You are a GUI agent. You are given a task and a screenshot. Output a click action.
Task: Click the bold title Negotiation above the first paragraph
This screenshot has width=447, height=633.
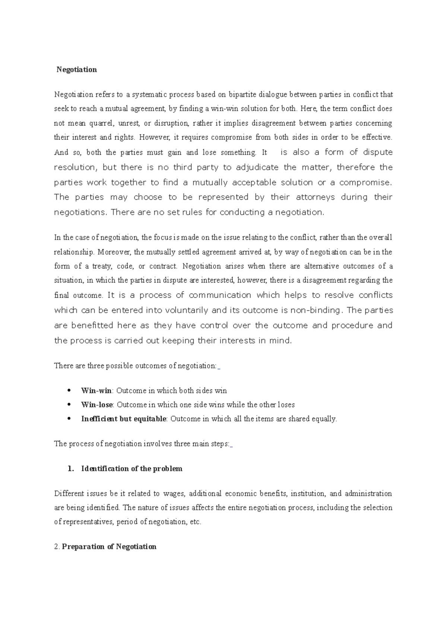pos(76,70)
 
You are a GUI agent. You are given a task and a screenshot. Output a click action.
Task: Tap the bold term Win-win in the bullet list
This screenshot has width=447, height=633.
pos(96,391)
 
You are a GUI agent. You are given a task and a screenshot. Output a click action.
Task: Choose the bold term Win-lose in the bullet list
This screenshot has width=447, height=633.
pos(97,405)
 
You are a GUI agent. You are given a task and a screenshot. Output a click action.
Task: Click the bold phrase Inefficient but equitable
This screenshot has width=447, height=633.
pos(124,419)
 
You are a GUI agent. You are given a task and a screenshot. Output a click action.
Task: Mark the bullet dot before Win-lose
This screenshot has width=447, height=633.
pos(69,405)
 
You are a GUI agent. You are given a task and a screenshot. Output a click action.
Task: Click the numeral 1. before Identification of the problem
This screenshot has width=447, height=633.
pos(71,469)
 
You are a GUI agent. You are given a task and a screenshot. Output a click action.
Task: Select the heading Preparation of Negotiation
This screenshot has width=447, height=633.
pos(109,547)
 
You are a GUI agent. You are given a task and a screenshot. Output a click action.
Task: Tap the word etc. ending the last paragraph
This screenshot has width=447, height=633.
pos(195,522)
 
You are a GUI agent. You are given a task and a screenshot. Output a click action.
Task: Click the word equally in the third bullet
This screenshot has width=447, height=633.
pos(325,419)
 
